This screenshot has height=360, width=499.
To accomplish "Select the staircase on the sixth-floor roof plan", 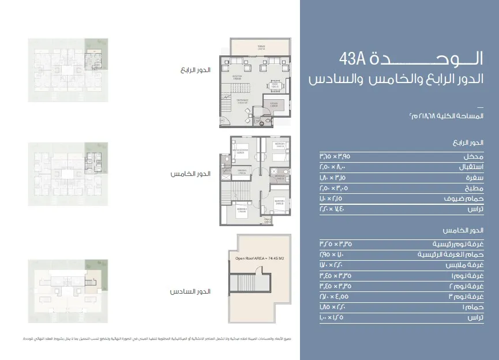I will pos(249,284).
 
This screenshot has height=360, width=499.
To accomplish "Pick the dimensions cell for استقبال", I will pos(332,167).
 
